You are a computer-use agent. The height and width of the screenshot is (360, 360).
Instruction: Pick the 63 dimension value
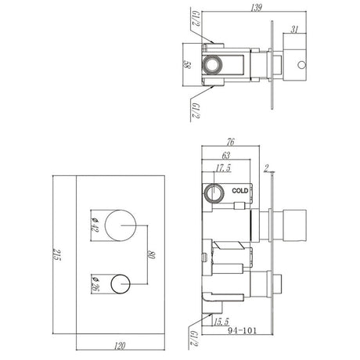(228, 155)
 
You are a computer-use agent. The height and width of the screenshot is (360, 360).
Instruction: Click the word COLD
(241, 189)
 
